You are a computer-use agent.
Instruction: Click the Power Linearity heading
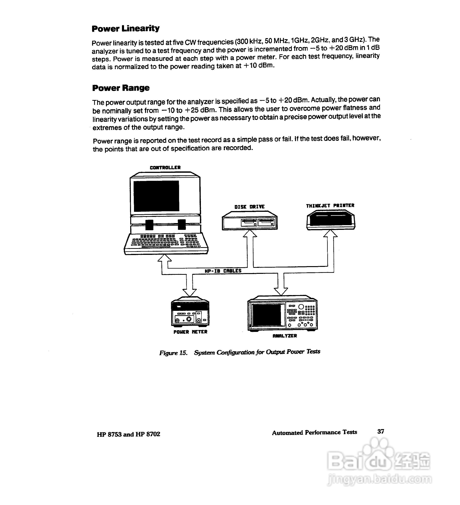tap(126, 29)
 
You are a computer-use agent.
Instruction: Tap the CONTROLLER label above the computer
tap(165, 168)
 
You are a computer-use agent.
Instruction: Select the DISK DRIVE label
tap(249, 207)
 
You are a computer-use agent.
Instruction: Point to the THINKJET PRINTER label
tap(330, 206)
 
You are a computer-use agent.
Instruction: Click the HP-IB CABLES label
tap(223, 271)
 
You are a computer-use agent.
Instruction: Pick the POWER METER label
tap(190, 332)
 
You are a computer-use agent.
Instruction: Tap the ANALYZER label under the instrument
tap(285, 336)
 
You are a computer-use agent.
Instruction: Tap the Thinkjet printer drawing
tap(331, 220)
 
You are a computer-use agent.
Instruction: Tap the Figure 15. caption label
tap(173, 353)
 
